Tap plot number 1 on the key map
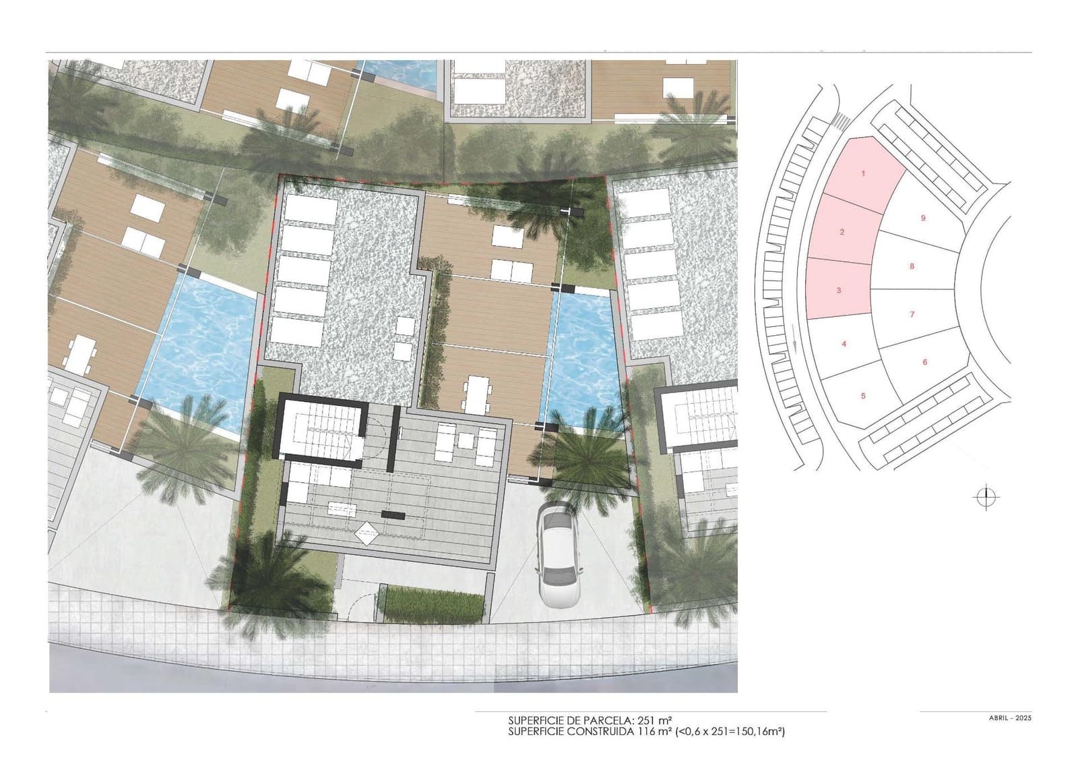863,174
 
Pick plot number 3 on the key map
838,291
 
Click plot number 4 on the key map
844,344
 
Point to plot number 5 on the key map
863,396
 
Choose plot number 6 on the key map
924,362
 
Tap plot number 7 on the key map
912,315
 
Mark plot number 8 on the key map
912,266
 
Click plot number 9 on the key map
923,218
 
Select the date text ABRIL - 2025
1005,718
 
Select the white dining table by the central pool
475,394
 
